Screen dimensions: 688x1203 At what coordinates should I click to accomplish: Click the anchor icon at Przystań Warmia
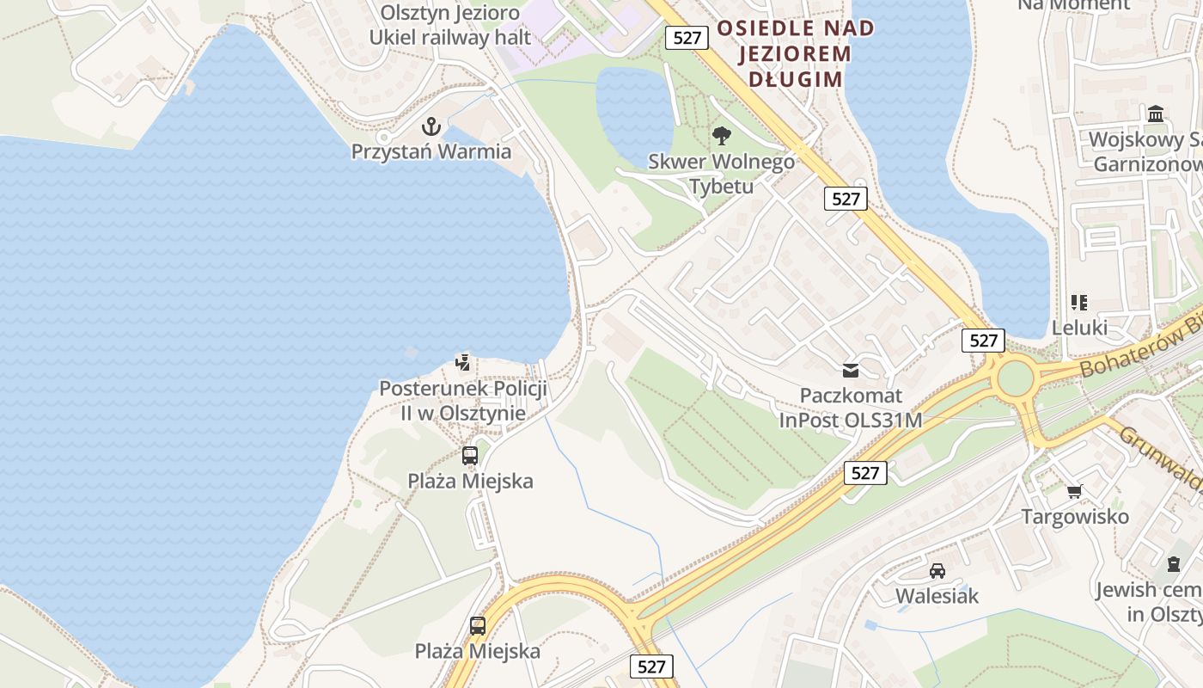[431, 127]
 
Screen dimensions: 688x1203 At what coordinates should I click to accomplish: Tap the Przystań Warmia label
[431, 152]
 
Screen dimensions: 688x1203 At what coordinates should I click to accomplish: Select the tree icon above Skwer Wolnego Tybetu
[722, 135]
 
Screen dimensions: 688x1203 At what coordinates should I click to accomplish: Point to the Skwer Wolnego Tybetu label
[721, 174]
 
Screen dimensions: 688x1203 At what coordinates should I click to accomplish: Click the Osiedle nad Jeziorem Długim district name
[795, 53]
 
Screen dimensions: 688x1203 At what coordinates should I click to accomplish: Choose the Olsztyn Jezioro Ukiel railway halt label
[450, 25]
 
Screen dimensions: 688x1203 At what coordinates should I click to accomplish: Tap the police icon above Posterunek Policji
[463, 362]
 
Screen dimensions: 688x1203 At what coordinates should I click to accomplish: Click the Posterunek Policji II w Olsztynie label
[463, 401]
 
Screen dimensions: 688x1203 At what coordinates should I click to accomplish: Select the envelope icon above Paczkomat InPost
[851, 371]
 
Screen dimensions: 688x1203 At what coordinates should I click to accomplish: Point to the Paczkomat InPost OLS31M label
[851, 408]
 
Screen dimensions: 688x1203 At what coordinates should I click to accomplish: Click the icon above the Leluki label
[1079, 303]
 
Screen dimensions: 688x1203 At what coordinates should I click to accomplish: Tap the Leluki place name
[1079, 328]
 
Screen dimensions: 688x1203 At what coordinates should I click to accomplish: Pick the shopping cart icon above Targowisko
[1075, 492]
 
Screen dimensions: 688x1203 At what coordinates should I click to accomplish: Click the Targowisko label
[1075, 517]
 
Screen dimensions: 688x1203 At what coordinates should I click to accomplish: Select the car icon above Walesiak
[937, 571]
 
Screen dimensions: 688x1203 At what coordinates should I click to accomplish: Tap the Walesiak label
[937, 596]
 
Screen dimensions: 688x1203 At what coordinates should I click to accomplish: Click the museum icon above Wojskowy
[1156, 114]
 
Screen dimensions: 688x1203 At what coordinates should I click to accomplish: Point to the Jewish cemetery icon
[1174, 564]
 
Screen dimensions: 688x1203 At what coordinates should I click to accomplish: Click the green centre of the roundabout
[1015, 378]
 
